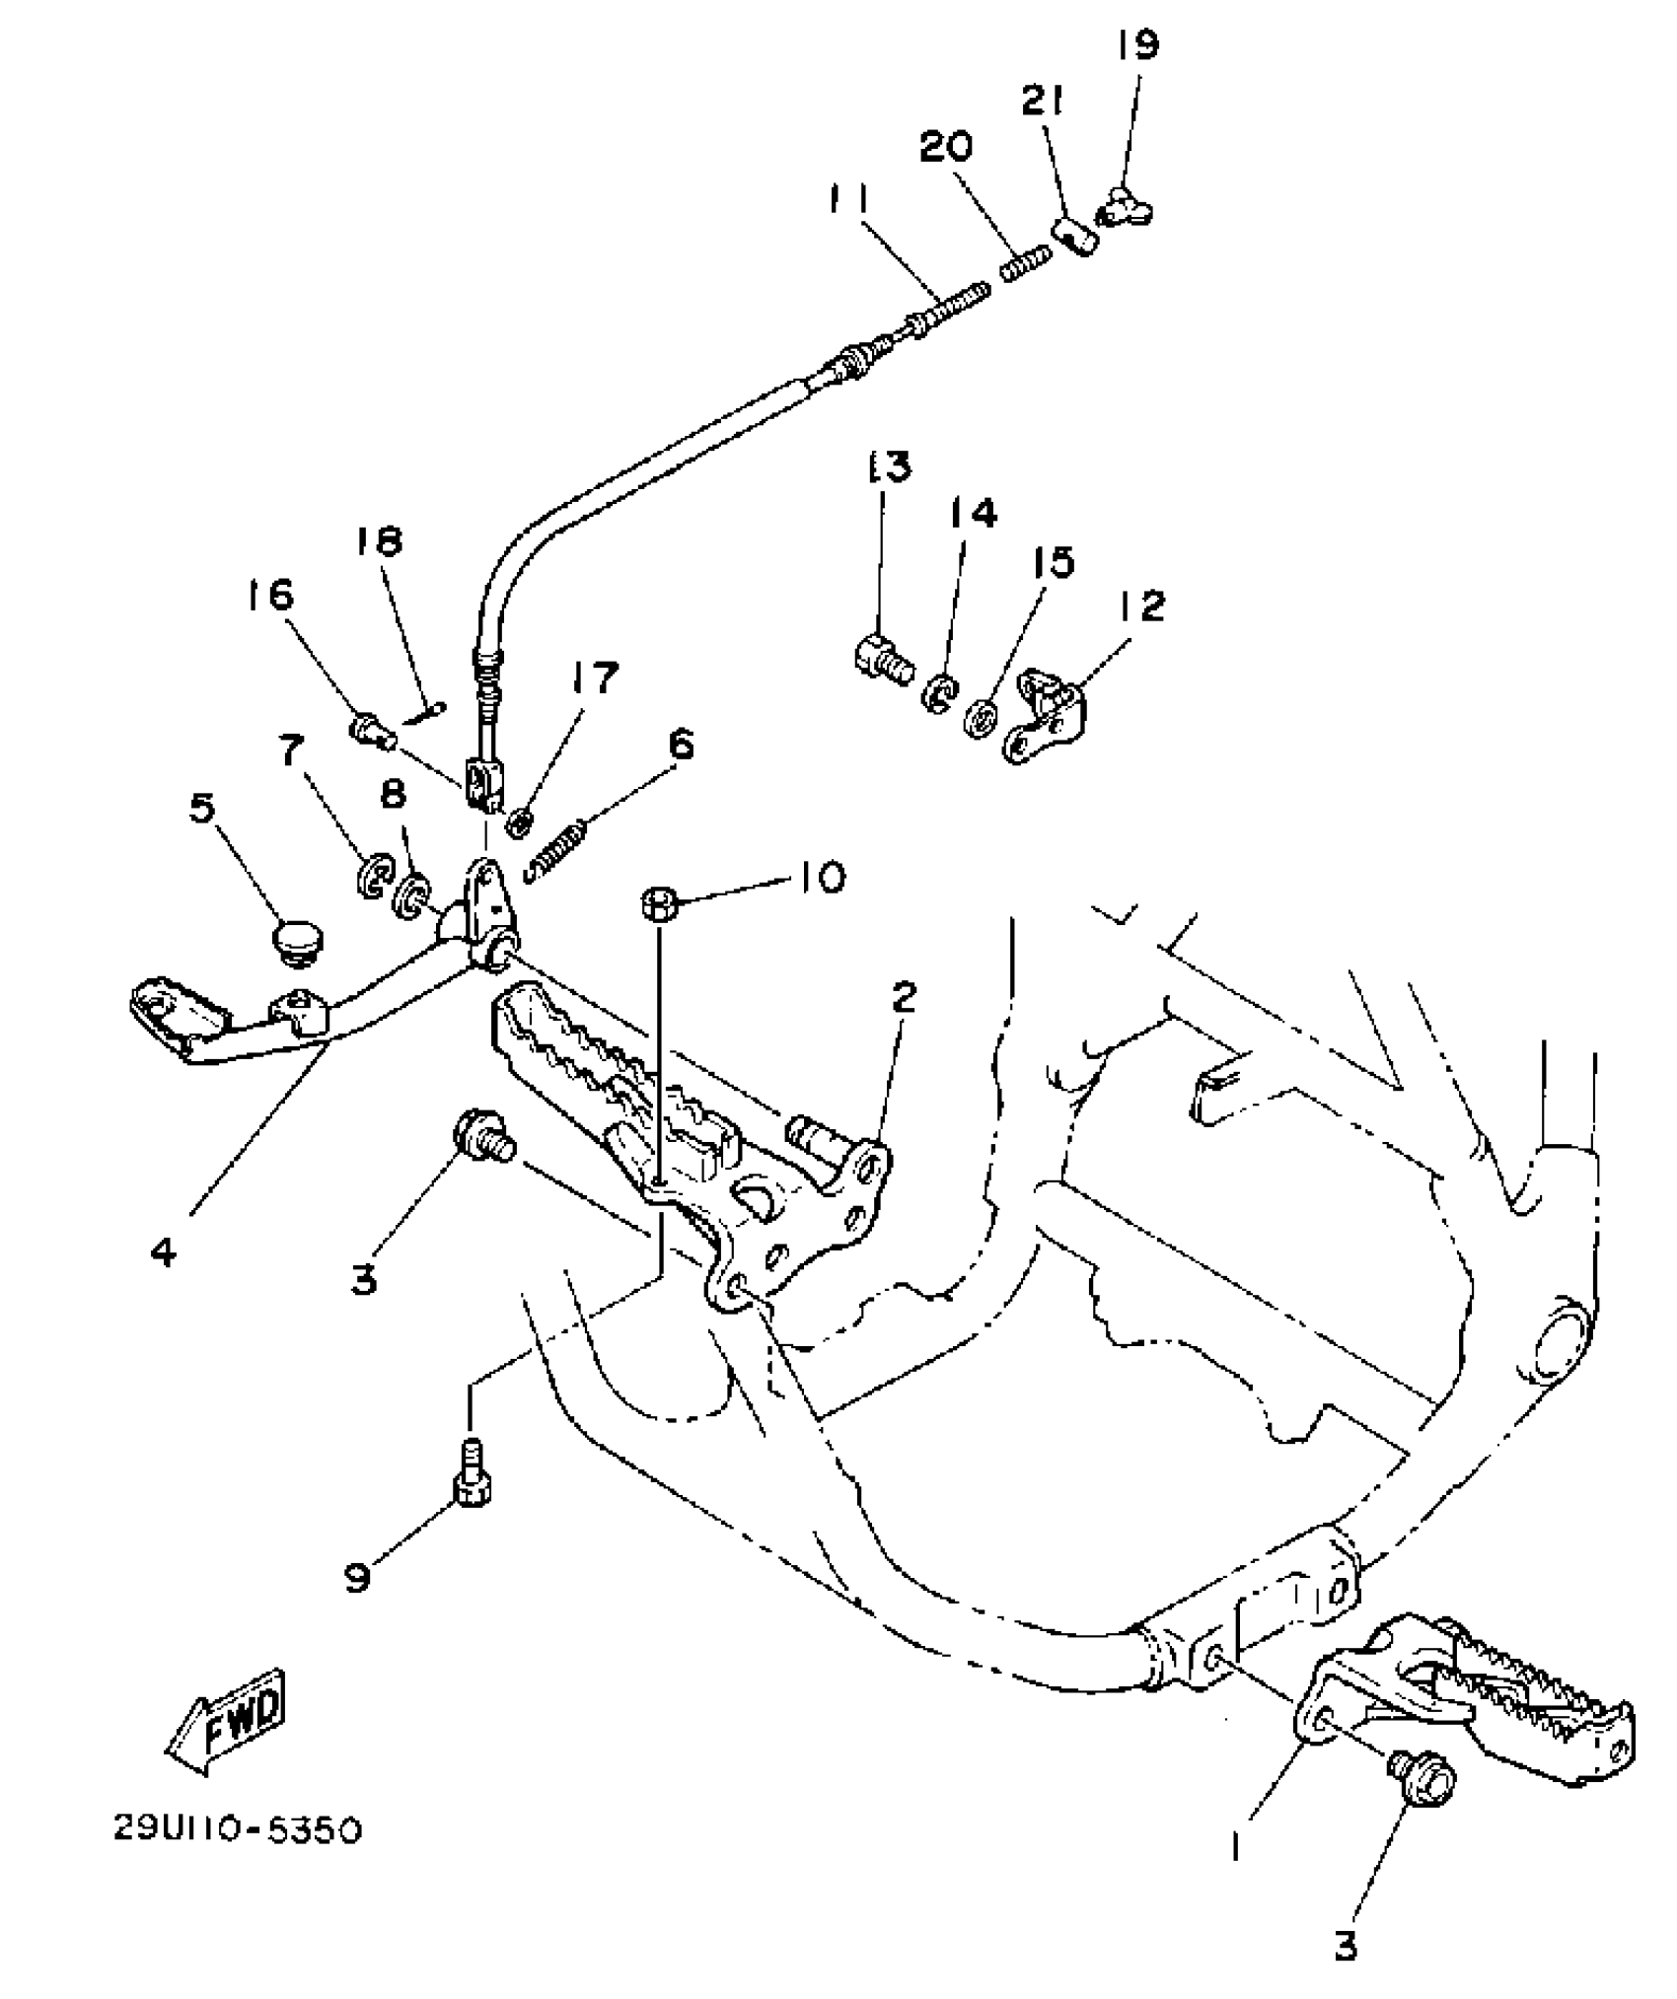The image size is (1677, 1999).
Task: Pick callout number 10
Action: click(818, 877)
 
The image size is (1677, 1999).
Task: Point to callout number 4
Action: click(164, 1252)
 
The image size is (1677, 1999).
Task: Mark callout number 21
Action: click(1043, 101)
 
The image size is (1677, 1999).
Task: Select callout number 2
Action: click(904, 997)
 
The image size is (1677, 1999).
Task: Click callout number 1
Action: click(1236, 1842)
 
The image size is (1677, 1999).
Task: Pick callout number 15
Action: click(1054, 562)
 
